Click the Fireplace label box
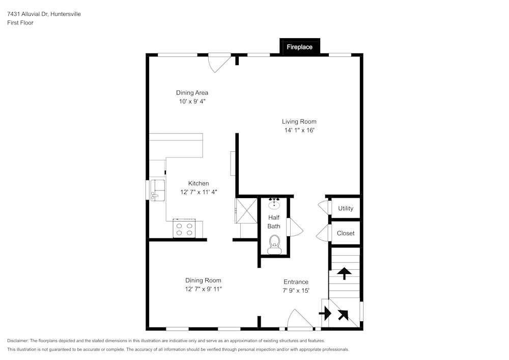pos(300,47)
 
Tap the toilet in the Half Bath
pos(274,243)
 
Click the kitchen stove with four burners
pos(184,228)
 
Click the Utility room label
pos(346,208)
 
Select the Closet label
pos(346,233)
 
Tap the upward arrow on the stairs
pos(345,273)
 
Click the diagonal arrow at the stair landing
pos(343,315)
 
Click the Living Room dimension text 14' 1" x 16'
pos(299,130)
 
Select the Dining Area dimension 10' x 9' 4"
pos(192,101)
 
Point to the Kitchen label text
pos(199,183)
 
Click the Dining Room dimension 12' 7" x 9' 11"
pos(203,289)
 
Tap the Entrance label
pos(296,282)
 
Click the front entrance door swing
pos(301,319)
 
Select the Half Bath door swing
pos(295,227)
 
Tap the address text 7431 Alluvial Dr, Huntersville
pos(44,14)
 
